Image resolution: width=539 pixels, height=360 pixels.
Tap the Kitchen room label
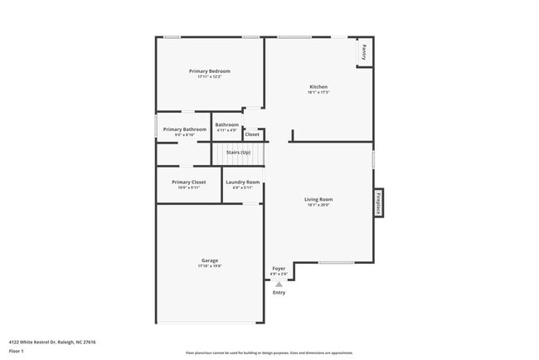click(318, 86)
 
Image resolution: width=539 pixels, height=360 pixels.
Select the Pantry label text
click(364, 52)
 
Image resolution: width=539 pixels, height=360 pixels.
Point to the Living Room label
click(318, 199)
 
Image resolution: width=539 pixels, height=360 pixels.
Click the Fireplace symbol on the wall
click(377, 203)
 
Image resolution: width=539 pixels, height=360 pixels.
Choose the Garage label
click(209, 260)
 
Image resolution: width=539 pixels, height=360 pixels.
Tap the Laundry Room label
click(242, 182)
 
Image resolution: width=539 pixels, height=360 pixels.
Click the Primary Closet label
click(188, 182)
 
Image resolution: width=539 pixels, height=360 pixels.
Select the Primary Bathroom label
click(184, 129)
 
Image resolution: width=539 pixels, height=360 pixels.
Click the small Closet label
click(251, 134)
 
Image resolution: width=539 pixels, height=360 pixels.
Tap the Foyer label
click(279, 268)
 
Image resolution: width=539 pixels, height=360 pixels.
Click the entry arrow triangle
click(279, 284)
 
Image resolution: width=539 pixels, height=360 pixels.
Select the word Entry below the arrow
click(279, 292)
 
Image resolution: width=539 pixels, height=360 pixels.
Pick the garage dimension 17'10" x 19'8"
click(209, 266)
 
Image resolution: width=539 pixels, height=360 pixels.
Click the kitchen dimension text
click(318, 92)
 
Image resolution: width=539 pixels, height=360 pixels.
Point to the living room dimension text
click(318, 205)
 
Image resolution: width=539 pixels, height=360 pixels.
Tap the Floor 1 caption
click(16, 352)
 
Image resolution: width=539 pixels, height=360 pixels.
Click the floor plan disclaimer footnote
click(269, 353)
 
